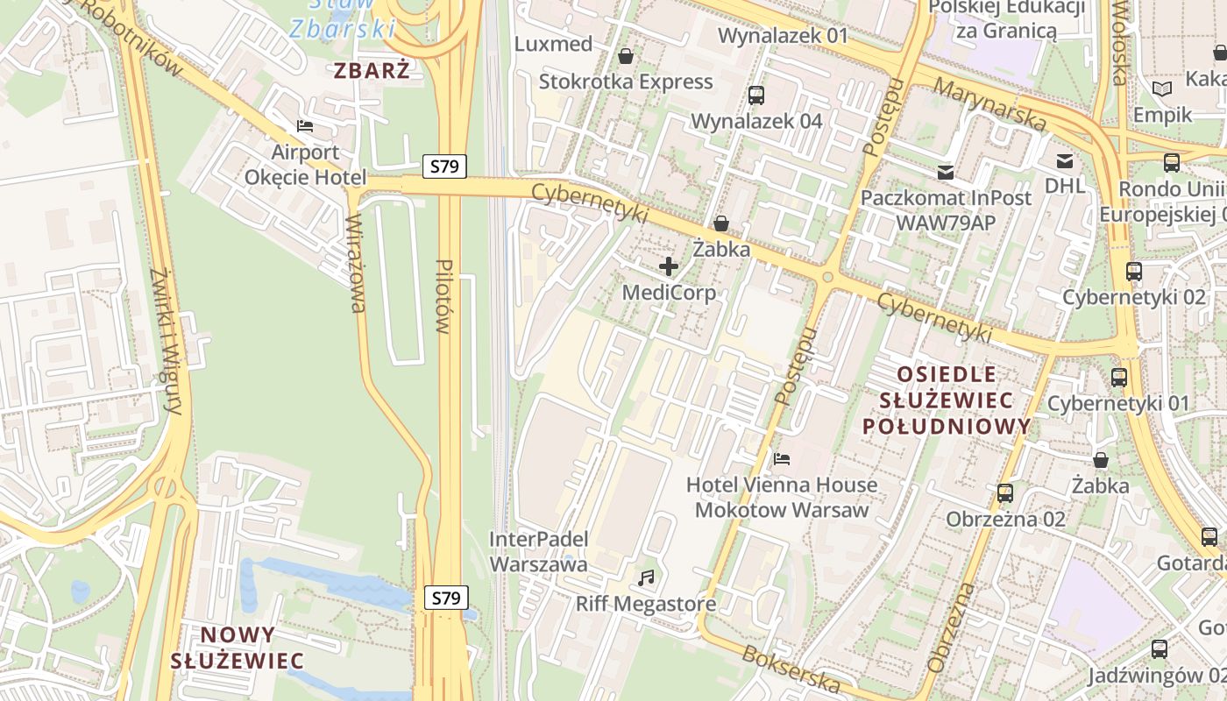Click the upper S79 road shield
444,166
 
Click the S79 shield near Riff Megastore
446,598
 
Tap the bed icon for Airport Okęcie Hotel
305,126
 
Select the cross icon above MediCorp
669,266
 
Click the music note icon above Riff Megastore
646,578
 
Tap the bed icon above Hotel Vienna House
782,458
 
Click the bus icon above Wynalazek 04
756,95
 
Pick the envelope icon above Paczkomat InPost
946,172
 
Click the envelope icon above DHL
1065,160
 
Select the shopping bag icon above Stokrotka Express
626,56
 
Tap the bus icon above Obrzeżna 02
1005,493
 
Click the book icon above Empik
1162,89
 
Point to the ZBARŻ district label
372,71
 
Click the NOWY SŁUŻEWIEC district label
238,648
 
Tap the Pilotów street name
443,296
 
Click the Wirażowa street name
356,263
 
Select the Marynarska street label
989,105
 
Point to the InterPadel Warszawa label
538,551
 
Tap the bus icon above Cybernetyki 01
1118,378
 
